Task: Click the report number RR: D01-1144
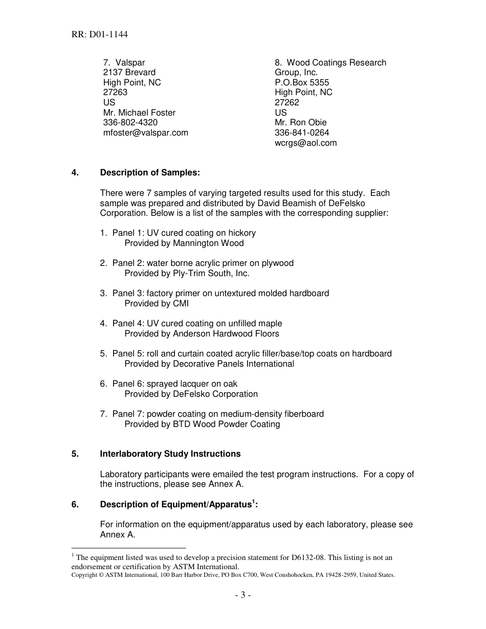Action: pyautogui.click(x=100, y=35)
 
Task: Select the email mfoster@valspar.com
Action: pyautogui.click(x=145, y=132)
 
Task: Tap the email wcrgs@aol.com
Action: pyautogui.click(x=305, y=143)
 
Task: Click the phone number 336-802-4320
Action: pyautogui.click(x=130, y=123)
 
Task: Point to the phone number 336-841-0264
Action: pyautogui.click(x=302, y=132)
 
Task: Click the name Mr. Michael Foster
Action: pyautogui.click(x=139, y=113)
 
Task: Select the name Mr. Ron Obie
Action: pyautogui.click(x=300, y=123)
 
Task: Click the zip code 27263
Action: pyautogui.click(x=115, y=93)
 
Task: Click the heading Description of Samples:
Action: pyautogui.click(x=150, y=173)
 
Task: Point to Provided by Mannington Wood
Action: pyautogui.click(x=184, y=243)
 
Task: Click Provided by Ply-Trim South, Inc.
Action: pyautogui.click(x=187, y=274)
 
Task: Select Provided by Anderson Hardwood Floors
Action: pyautogui.click(x=202, y=334)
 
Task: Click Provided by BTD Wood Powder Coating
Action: pyautogui.click(x=202, y=424)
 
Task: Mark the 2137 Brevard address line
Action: pyautogui.click(x=129, y=73)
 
